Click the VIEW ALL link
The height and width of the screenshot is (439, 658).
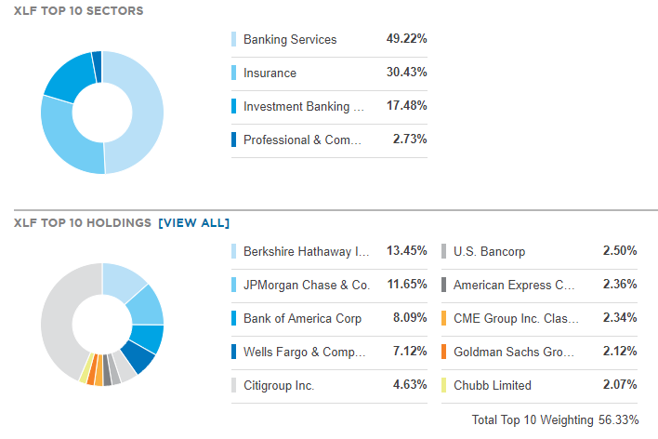pyautogui.click(x=193, y=222)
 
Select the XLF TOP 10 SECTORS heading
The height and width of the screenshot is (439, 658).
pyautogui.click(x=79, y=10)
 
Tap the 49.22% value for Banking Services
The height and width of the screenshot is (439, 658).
pyautogui.click(x=406, y=39)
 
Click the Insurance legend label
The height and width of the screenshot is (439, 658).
pyautogui.click(x=270, y=73)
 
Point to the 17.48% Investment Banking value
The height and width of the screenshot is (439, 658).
pyautogui.click(x=406, y=106)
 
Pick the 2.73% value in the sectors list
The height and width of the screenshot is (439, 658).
pyautogui.click(x=409, y=140)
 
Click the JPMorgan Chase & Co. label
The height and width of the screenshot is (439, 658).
pyautogui.click(x=306, y=285)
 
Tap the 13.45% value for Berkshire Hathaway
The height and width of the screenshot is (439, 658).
pyautogui.click(x=406, y=251)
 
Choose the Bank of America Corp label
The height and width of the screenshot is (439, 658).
pyautogui.click(x=302, y=318)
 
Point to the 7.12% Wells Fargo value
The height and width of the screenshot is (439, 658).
pyautogui.click(x=409, y=352)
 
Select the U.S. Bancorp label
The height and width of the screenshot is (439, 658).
pyautogui.click(x=489, y=251)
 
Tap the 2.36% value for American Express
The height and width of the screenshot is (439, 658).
pyautogui.click(x=619, y=285)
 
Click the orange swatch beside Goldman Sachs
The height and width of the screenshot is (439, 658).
pyautogui.click(x=444, y=352)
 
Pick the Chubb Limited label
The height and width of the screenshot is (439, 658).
pyautogui.click(x=493, y=385)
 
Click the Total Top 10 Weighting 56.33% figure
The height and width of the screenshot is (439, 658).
pyautogui.click(x=555, y=419)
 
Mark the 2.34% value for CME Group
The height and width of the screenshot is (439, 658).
pyautogui.click(x=619, y=318)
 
